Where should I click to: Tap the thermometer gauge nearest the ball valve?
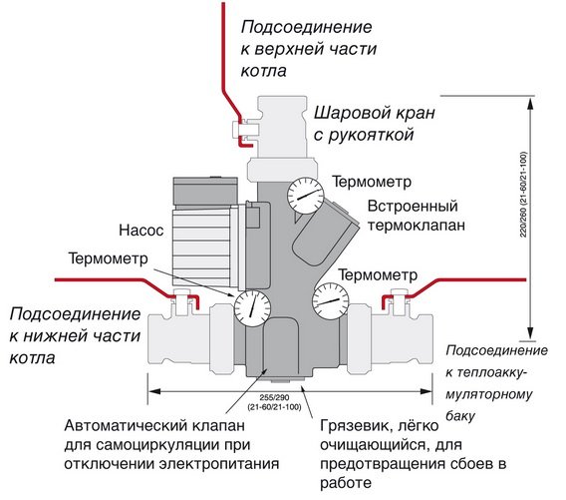click(x=303, y=194)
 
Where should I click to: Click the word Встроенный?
click(x=413, y=207)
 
